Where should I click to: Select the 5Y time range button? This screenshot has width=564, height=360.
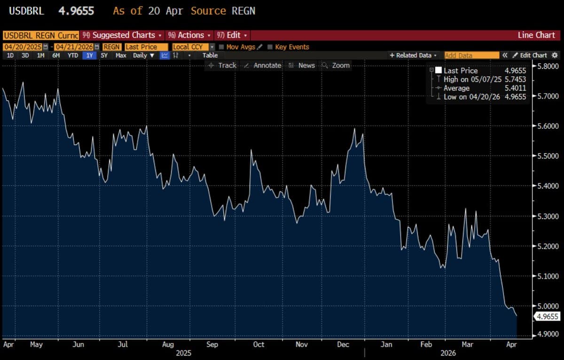click(104, 55)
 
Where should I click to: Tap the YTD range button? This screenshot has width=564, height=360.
click(73, 55)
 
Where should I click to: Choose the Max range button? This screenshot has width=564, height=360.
click(121, 55)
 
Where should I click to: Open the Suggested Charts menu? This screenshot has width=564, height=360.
click(124, 35)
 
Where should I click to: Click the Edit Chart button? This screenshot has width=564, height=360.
click(530, 55)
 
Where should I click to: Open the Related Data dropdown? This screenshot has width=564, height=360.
click(413, 55)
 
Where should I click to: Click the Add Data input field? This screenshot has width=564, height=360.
click(471, 55)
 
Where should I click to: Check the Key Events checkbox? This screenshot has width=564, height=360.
click(270, 47)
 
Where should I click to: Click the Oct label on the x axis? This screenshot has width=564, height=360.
click(258, 344)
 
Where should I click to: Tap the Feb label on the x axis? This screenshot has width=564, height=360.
click(426, 344)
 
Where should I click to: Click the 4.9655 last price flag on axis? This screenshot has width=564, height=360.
click(547, 317)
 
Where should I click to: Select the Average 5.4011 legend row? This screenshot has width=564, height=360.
click(479, 88)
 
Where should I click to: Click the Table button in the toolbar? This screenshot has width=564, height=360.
click(210, 55)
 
